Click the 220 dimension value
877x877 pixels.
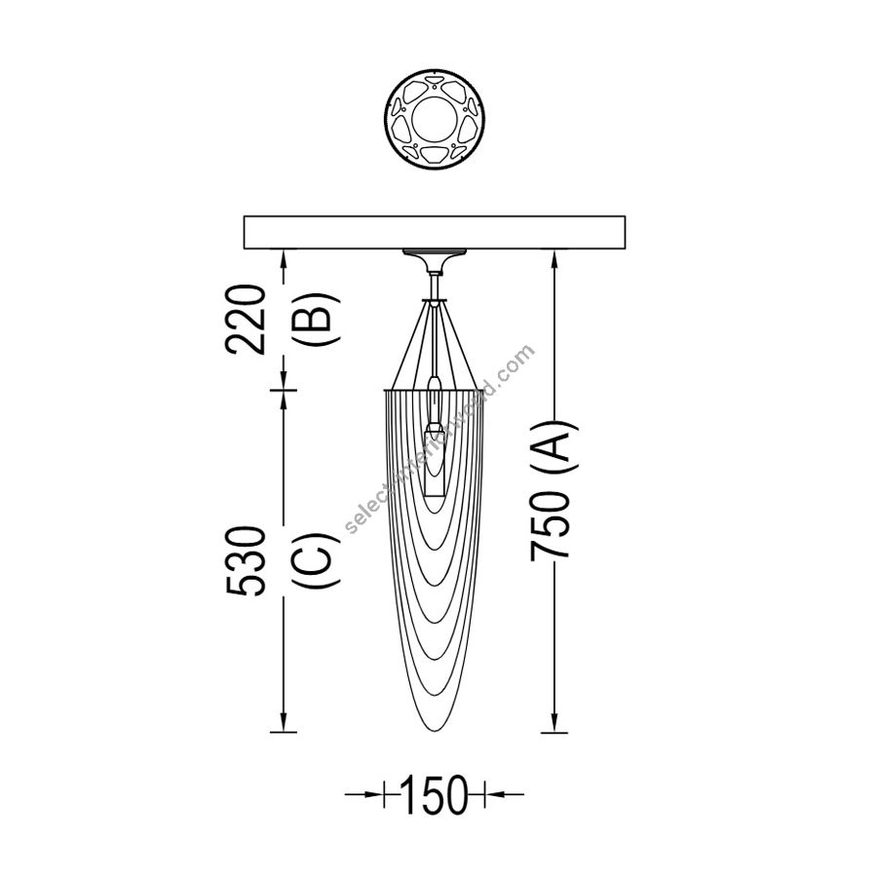[244, 320]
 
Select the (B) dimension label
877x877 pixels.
[316, 320]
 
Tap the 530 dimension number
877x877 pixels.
[245, 561]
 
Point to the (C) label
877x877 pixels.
[317, 560]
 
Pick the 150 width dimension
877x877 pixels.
[434, 794]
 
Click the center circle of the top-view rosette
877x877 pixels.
[435, 119]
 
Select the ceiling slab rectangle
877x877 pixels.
[435, 232]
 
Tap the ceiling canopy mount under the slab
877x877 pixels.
[435, 260]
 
